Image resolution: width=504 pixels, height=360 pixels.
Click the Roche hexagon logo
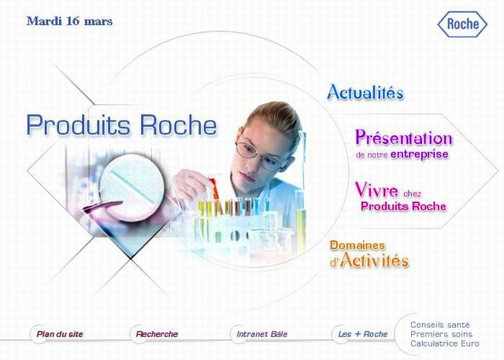[x=462, y=24]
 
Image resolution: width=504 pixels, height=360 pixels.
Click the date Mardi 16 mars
[x=70, y=21]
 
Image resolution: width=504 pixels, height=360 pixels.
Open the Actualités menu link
[x=365, y=92]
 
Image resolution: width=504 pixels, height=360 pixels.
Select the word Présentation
[x=404, y=138]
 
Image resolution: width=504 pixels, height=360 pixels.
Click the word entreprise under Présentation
[x=420, y=154]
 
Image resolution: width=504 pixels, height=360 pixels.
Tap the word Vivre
[x=376, y=191]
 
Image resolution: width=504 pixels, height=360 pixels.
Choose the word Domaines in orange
[x=358, y=245]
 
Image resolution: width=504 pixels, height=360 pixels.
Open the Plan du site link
[x=60, y=334]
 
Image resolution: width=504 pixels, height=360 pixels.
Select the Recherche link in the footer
[x=157, y=334]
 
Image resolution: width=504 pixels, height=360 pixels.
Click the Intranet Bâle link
[x=262, y=334]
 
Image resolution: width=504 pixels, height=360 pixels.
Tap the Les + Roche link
[x=363, y=334]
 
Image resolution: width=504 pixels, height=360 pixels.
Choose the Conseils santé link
[x=440, y=325]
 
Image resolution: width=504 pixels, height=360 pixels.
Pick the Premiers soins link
[x=441, y=334]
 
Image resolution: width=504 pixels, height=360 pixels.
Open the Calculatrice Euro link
[x=444, y=343]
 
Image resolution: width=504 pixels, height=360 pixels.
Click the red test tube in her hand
[x=214, y=190]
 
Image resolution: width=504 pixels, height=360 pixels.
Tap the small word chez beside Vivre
[x=412, y=194]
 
